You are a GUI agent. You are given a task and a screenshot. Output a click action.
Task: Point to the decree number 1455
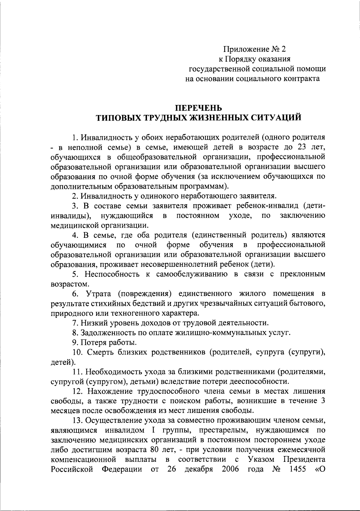[297, 469]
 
